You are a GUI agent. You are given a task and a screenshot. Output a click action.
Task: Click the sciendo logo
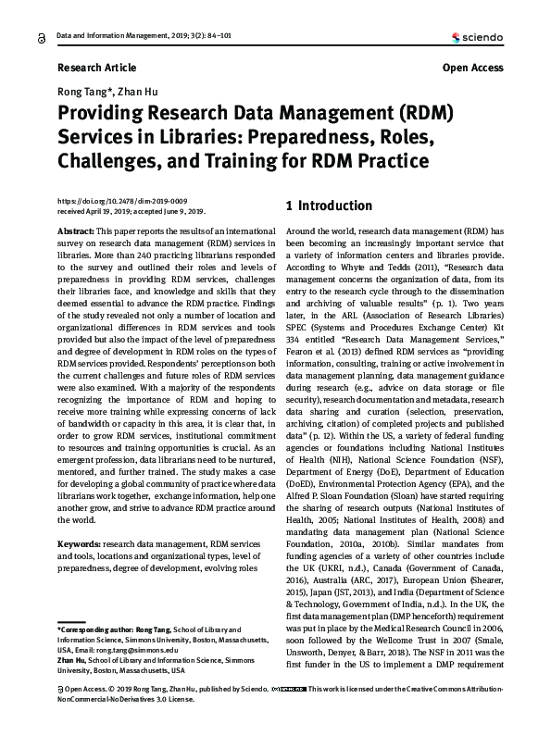pos(476,38)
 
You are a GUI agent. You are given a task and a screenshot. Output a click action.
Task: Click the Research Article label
pos(96,68)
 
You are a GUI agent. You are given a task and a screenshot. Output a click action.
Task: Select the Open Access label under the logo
pos(472,68)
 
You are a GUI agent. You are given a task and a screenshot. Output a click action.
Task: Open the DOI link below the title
pos(122,201)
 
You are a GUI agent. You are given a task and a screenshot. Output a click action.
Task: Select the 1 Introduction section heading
pos(330,206)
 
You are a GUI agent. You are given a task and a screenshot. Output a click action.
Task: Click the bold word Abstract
pos(76,229)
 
